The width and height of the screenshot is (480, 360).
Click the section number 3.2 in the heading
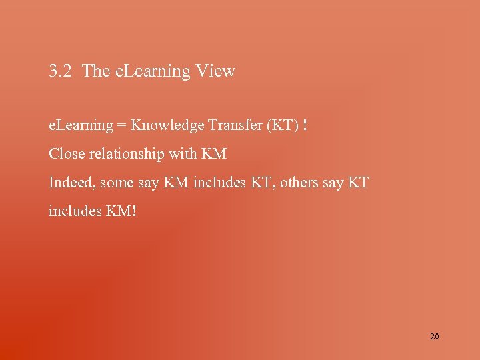pos(61,71)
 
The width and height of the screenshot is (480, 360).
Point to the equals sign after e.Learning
pos(122,125)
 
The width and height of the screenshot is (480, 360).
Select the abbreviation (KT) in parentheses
pos(283,125)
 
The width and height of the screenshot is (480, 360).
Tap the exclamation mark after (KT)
pos(305,125)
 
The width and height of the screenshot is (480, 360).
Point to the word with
pos(183,154)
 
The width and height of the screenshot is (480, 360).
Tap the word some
pos(117,183)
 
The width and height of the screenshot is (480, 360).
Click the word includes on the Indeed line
pos(219,183)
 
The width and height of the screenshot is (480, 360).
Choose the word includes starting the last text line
pos(74,211)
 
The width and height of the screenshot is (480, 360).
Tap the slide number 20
pos(435,337)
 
